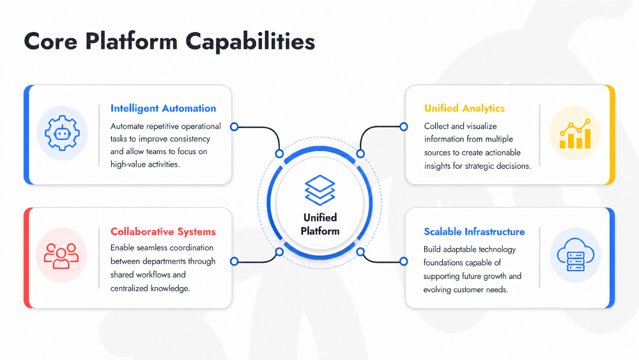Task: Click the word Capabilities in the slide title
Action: tap(250, 42)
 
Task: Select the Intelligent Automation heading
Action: tap(163, 109)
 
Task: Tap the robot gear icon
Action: tap(62, 133)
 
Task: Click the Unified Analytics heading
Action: tap(464, 108)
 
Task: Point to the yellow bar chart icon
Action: tap(575, 134)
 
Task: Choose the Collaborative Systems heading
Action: tap(163, 231)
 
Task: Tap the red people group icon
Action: tap(61, 256)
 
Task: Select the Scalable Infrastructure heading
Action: tap(474, 231)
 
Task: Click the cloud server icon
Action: tap(576, 254)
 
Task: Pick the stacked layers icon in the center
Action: tap(320, 190)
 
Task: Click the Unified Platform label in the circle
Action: tap(320, 224)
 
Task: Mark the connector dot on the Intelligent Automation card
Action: tap(235, 127)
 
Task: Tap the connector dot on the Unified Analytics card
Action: tap(403, 127)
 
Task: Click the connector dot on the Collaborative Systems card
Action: tap(235, 262)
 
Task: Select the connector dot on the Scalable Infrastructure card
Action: tap(403, 262)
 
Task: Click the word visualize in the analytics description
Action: tap(481, 127)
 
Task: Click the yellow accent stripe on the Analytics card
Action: tap(612, 134)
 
